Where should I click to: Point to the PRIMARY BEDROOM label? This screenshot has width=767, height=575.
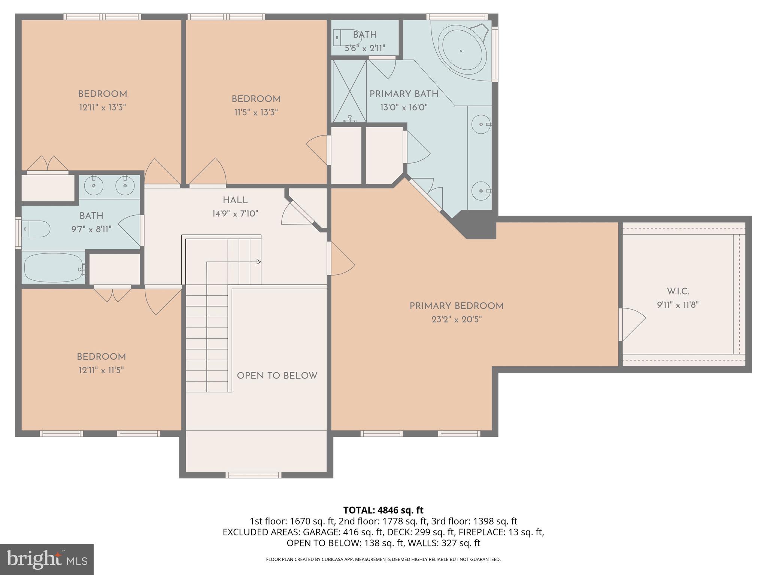point(456,306)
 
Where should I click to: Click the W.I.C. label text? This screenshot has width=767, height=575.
point(678,291)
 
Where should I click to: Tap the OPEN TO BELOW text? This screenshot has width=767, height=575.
point(277,376)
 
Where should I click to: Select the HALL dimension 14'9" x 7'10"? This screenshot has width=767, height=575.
point(235,214)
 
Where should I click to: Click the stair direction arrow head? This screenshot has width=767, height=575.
point(259,262)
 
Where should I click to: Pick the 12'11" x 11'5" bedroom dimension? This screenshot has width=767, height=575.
point(101,370)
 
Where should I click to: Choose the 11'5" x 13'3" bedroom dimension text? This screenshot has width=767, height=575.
point(256,112)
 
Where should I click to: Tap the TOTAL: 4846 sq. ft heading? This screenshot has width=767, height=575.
point(383,510)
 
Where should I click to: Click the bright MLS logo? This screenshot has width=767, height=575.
point(47,559)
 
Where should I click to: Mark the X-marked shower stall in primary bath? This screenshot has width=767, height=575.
point(349,91)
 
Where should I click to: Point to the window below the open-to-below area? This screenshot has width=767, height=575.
point(254,475)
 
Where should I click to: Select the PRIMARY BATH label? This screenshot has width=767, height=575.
point(404,94)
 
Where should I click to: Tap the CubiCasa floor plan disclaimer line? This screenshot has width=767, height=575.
point(383,559)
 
